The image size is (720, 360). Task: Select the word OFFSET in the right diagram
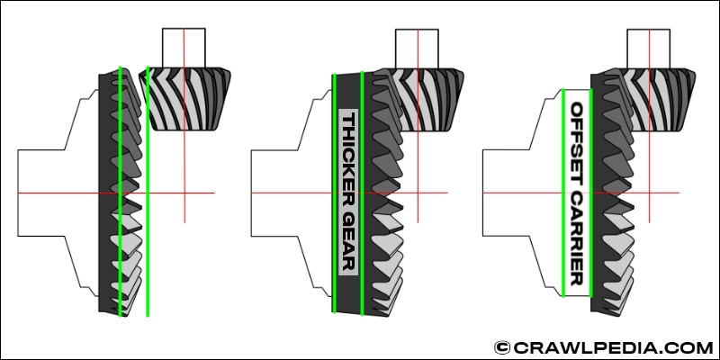tap(577, 135)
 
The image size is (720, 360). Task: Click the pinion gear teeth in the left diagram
tap(189, 99)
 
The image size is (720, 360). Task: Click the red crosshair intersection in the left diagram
tap(184, 193)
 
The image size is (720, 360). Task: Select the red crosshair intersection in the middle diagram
tap(417, 193)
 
